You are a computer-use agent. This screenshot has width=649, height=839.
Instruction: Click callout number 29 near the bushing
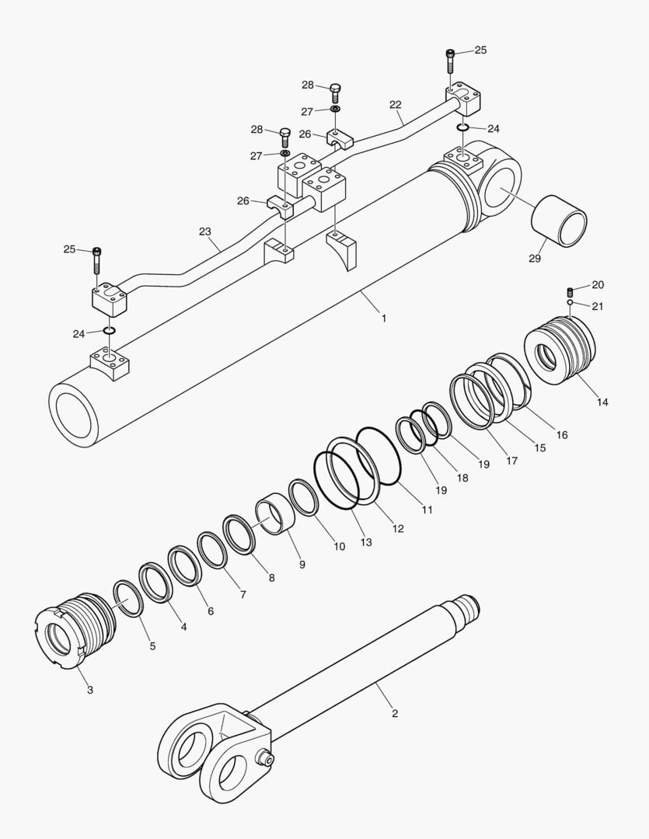click(x=535, y=258)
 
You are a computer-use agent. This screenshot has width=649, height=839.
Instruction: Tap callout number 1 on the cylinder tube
click(x=383, y=318)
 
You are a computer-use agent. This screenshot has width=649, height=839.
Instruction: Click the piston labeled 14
click(x=561, y=353)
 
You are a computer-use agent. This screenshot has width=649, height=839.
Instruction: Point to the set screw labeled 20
click(x=570, y=292)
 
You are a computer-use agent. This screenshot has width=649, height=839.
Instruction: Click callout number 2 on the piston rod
click(x=395, y=712)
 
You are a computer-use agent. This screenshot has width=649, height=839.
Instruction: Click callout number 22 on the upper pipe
click(x=396, y=104)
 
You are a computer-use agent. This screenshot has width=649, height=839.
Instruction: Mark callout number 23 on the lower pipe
click(x=205, y=231)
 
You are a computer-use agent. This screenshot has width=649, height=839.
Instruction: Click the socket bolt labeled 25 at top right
click(x=451, y=61)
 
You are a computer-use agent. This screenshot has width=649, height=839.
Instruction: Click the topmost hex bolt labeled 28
click(x=336, y=92)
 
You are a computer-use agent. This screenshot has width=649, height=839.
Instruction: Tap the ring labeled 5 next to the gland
click(x=128, y=598)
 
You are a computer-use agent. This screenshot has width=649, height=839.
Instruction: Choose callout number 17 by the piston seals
click(x=511, y=461)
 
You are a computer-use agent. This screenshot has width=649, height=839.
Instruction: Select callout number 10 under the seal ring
click(x=340, y=546)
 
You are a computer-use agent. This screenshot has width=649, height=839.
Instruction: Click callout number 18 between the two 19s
click(x=462, y=478)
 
